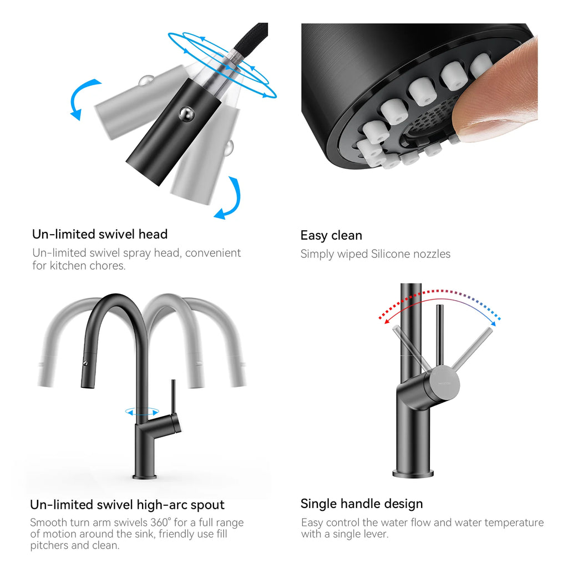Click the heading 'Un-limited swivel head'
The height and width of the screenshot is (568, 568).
100,234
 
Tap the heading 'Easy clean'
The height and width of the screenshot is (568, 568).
331,235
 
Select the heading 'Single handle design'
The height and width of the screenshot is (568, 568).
362,504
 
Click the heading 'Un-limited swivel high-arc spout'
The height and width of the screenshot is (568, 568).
128,505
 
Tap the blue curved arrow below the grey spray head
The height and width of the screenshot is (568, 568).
230,200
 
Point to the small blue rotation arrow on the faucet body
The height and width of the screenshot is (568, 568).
142,412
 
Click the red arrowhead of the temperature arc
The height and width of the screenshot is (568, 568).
382,318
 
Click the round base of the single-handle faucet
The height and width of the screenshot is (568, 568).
413,473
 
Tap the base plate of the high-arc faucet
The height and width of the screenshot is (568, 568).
145,476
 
